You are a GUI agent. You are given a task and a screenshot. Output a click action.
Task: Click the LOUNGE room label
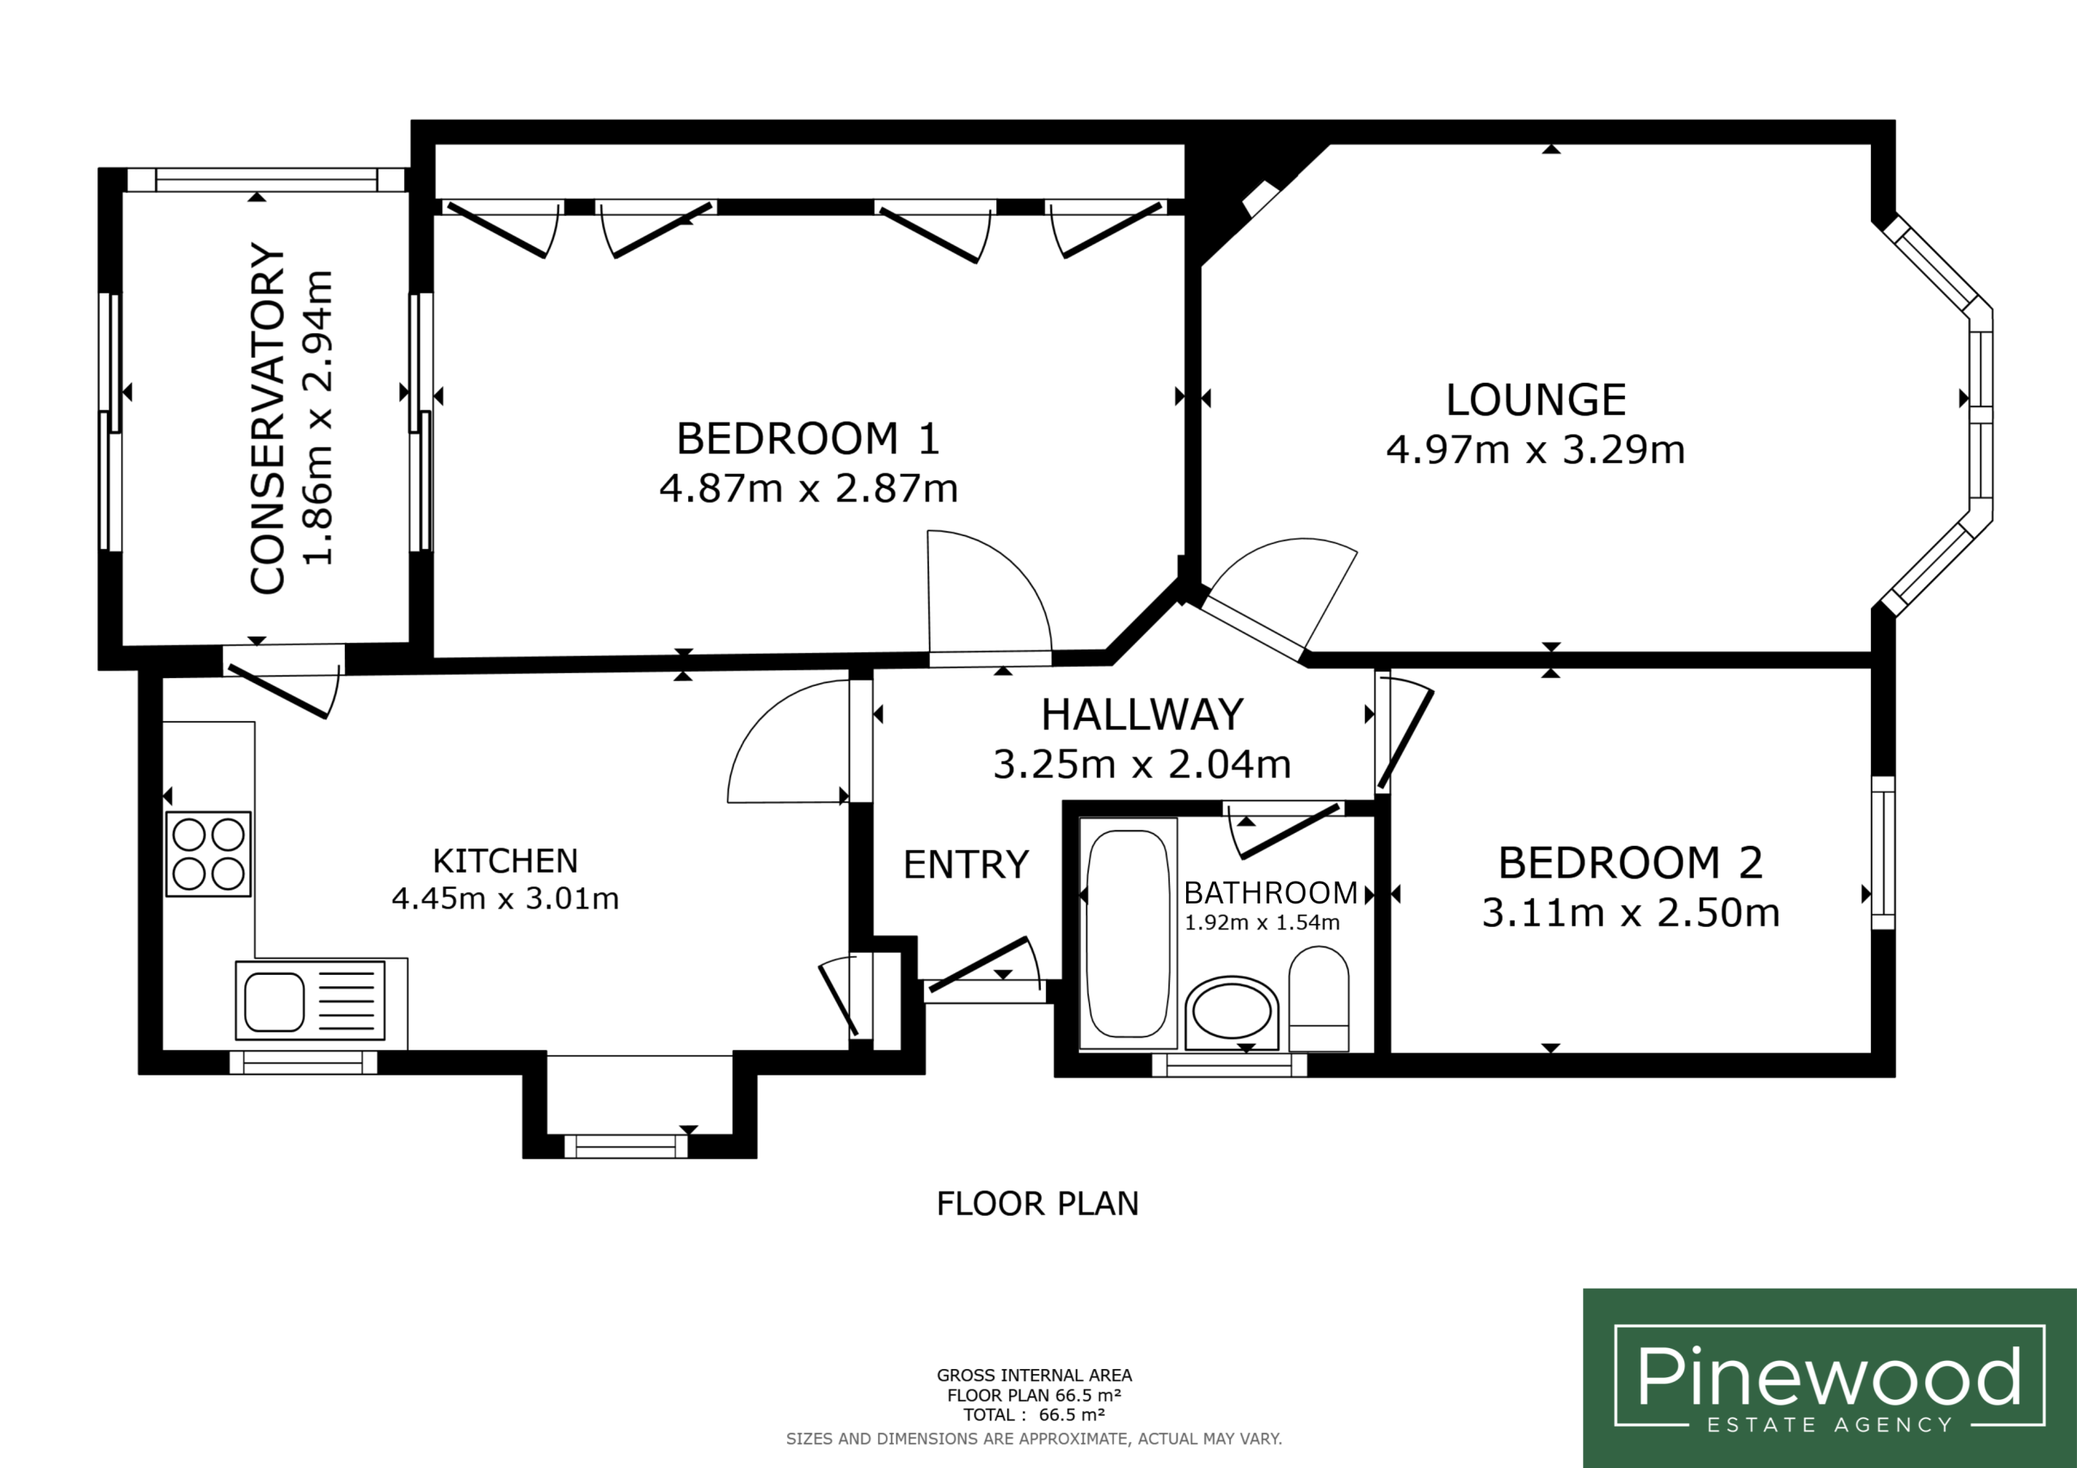[x=1536, y=400]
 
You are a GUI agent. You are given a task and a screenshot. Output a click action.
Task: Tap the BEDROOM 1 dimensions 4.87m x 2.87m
[x=809, y=488]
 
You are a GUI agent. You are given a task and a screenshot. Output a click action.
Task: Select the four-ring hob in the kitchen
[x=208, y=854]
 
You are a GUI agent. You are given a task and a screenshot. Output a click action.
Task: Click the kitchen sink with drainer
[x=310, y=1000]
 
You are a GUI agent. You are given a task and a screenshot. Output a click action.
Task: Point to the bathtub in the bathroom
[x=1128, y=934]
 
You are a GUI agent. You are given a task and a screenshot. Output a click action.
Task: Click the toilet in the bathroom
[x=1319, y=998]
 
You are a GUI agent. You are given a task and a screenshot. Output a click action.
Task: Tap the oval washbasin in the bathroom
[x=1232, y=1011]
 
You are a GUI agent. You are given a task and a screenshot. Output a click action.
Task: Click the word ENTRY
[x=966, y=865]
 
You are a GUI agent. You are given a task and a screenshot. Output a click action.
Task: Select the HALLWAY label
[x=1142, y=715]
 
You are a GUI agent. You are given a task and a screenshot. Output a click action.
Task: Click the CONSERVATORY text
[x=268, y=418]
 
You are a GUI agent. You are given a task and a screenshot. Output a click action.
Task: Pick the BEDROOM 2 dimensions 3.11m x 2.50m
[x=1631, y=912]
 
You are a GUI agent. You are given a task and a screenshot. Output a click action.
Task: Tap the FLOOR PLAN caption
[x=1038, y=1204]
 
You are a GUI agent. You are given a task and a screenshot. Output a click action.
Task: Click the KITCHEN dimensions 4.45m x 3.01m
[x=505, y=899]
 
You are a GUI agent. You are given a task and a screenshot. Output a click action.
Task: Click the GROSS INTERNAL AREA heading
[x=1034, y=1376]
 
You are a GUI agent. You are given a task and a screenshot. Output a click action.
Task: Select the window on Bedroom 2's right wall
[x=1882, y=853]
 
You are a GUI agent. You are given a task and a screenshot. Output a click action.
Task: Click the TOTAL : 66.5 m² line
[x=1034, y=1415]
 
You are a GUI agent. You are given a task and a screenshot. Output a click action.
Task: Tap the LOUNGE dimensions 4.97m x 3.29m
[x=1536, y=449]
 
